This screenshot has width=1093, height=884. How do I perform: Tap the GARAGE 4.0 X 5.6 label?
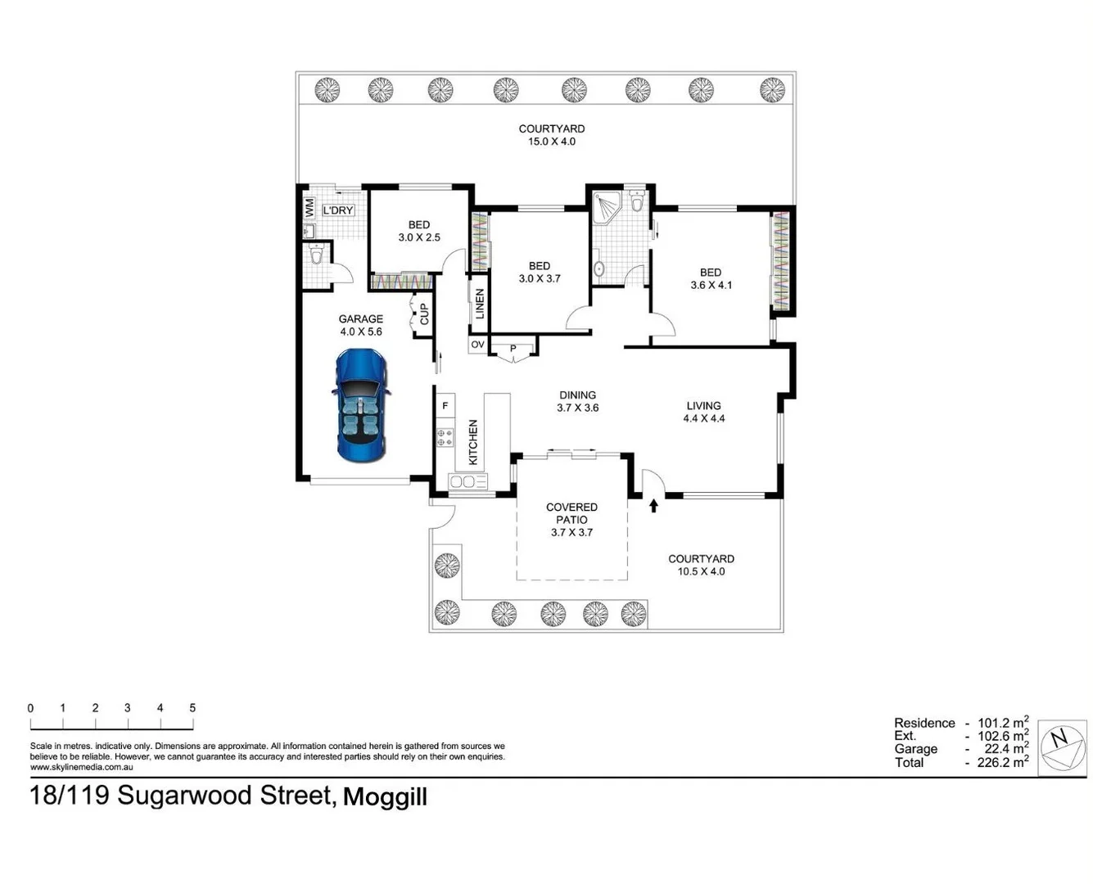[x=361, y=325]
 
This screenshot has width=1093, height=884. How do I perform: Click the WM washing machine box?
[x=309, y=208]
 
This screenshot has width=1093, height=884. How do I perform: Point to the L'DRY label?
[x=338, y=210]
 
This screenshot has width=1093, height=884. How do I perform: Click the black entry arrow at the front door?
[x=653, y=506]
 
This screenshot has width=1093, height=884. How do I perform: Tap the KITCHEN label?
[x=472, y=442]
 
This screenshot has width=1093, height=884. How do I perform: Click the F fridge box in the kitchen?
[x=445, y=405]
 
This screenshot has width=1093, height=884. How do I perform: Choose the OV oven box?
[x=477, y=345]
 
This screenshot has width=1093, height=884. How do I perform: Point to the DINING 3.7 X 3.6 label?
[x=577, y=401]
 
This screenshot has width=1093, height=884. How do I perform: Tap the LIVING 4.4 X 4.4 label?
[x=703, y=412]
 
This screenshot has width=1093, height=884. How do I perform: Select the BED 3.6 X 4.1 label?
[x=710, y=279]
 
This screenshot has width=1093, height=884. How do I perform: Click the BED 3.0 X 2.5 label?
[x=419, y=231]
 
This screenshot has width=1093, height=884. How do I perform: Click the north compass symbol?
[x=1061, y=746]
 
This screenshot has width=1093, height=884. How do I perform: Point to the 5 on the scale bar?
[x=192, y=708]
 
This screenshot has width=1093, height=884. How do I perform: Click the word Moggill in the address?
[x=385, y=797]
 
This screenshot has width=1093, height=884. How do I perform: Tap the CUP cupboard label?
[x=424, y=314]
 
